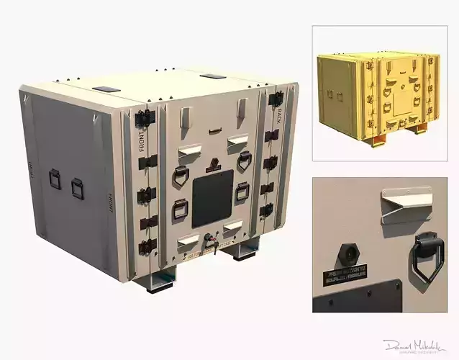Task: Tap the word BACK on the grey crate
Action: click(x=278, y=114)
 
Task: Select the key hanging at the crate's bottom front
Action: click(x=213, y=247)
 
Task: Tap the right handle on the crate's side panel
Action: click(x=77, y=189)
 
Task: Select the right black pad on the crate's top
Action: click(x=212, y=76)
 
